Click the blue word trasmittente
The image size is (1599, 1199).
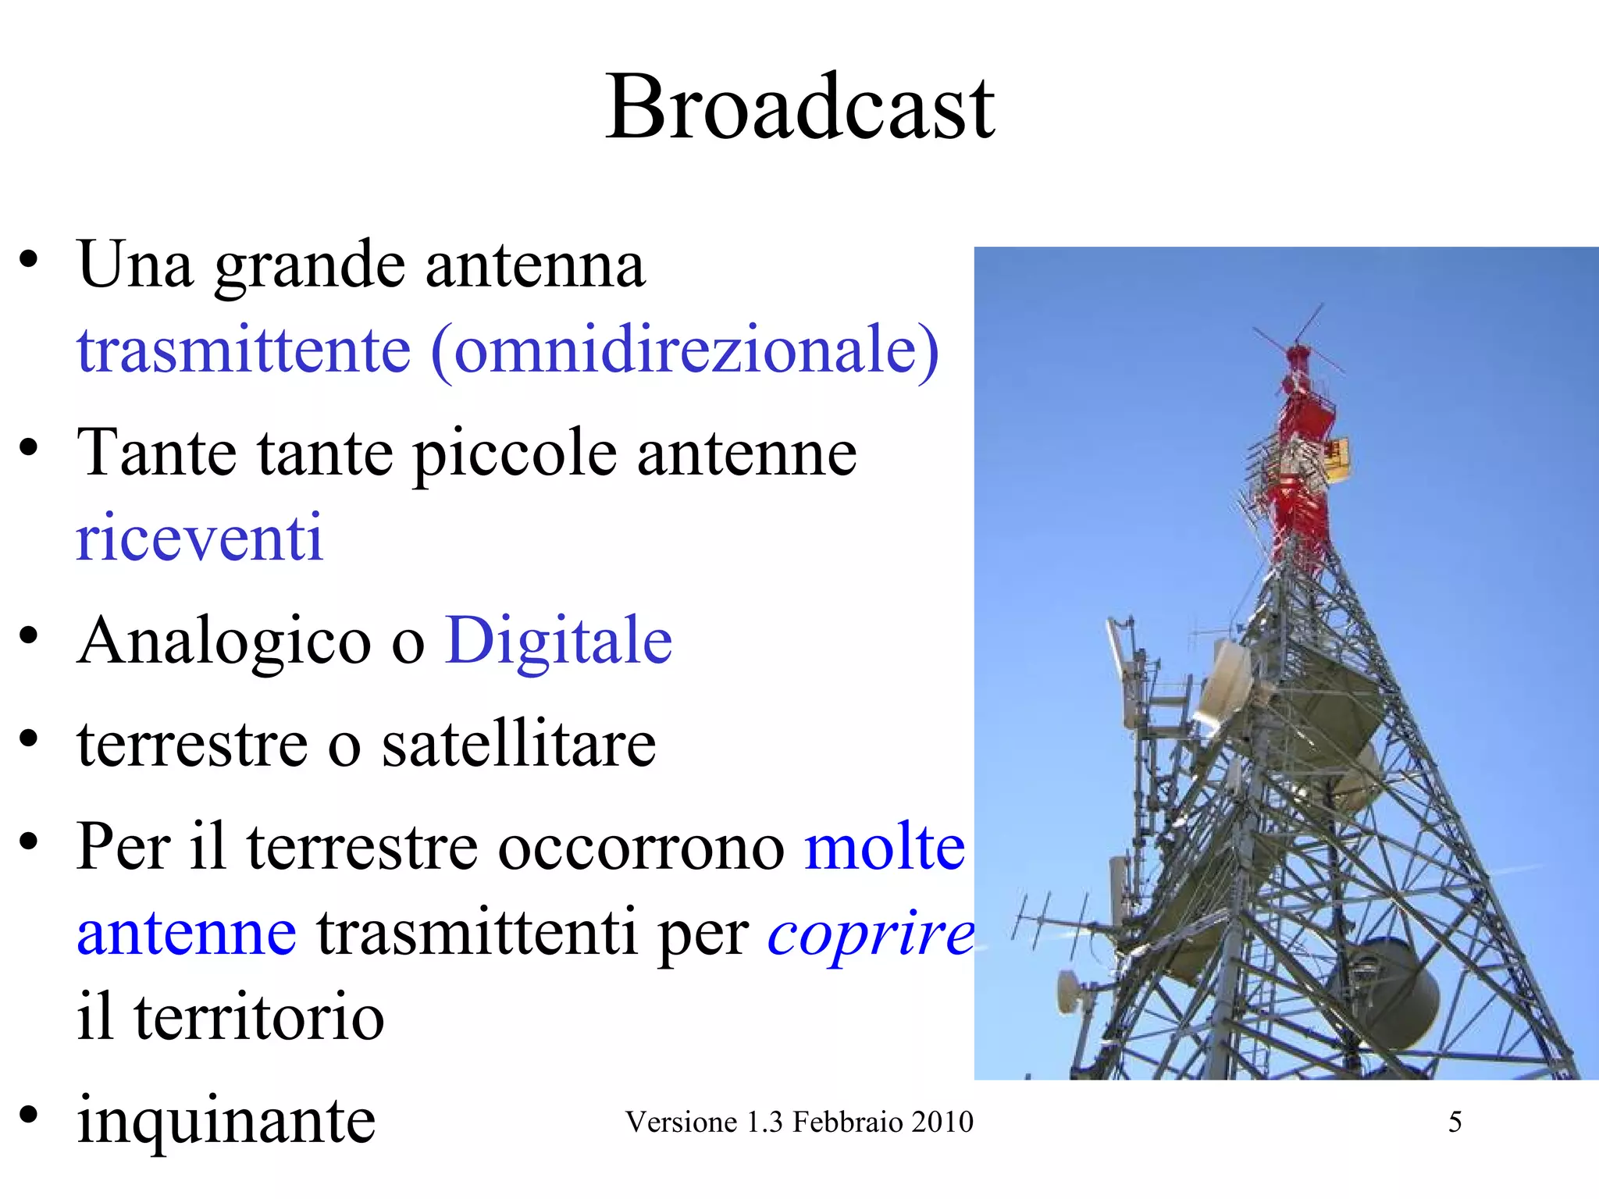click(x=244, y=350)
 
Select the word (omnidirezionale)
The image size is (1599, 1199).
click(x=685, y=350)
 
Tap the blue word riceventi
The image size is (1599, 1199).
click(x=200, y=538)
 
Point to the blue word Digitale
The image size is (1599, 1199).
click(x=558, y=641)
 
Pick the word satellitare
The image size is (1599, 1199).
click(x=518, y=744)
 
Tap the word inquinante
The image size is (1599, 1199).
click(x=226, y=1120)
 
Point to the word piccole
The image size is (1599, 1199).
click(x=515, y=454)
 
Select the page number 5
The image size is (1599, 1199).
click(x=1455, y=1123)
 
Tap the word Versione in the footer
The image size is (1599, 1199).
click(x=681, y=1123)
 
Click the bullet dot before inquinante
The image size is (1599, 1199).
click(x=29, y=1115)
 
